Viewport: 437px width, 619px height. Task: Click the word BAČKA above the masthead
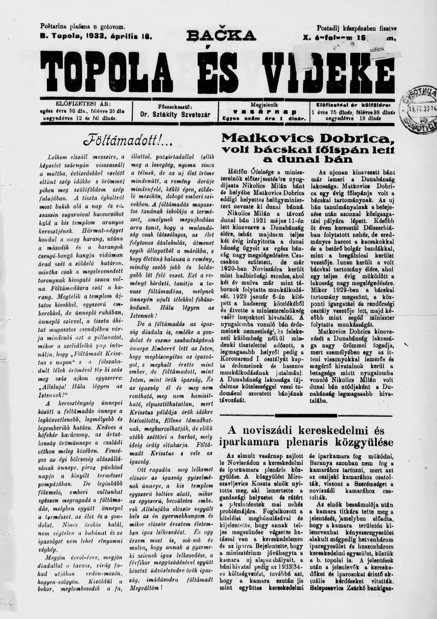click(x=221, y=36)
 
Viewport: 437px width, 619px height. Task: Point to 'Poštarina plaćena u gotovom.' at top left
click(x=82, y=26)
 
